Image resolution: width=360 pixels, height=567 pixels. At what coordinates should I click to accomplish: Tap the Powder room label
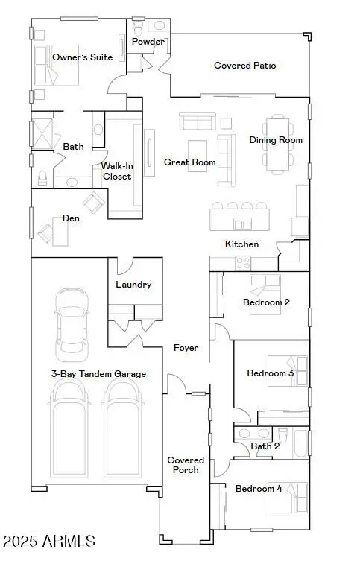click(148, 42)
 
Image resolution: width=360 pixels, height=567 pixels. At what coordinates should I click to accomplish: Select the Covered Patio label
click(244, 66)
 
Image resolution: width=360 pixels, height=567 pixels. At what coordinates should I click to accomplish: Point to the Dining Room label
click(276, 140)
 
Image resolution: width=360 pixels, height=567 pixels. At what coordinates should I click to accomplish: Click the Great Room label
click(190, 162)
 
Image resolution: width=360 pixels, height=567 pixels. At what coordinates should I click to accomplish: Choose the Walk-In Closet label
click(117, 171)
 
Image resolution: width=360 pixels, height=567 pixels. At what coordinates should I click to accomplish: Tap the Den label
click(71, 218)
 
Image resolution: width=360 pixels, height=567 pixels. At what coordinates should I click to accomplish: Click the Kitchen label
click(242, 244)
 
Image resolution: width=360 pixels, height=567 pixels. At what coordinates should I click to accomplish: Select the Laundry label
click(133, 285)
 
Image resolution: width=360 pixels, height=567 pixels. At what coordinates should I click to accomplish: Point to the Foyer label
click(186, 348)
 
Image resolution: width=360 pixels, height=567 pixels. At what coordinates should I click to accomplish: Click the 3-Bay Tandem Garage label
click(98, 374)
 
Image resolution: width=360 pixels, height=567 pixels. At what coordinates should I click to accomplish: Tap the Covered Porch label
click(186, 466)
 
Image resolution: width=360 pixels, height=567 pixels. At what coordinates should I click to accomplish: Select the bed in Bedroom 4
click(288, 498)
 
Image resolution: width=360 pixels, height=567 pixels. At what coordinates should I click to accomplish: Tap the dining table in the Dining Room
click(277, 142)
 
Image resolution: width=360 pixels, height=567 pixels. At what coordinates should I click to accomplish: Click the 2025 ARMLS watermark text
click(49, 540)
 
